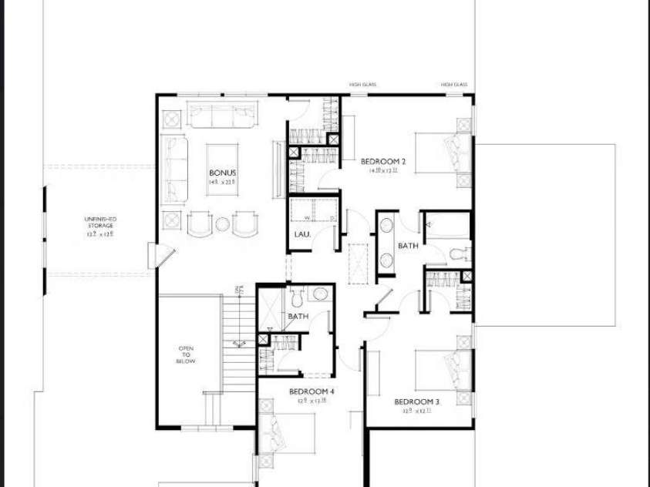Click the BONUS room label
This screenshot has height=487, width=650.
click(222, 173)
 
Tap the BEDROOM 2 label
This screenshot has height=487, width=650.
click(383, 162)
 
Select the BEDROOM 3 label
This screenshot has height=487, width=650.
click(416, 402)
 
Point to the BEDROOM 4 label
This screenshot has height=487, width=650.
click(312, 391)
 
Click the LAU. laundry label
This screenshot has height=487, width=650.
click(301, 233)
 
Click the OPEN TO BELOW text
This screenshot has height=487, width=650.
click(186, 354)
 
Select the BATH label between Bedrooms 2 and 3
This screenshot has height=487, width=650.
click(408, 246)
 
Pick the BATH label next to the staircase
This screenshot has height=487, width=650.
click(298, 317)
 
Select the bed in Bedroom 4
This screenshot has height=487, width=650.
click(287, 435)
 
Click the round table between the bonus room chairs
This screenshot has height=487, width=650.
click(222, 224)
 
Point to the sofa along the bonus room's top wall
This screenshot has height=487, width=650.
click(222, 116)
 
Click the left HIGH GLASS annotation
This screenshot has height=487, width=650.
click(362, 85)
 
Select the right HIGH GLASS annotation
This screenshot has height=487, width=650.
click(454, 85)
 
